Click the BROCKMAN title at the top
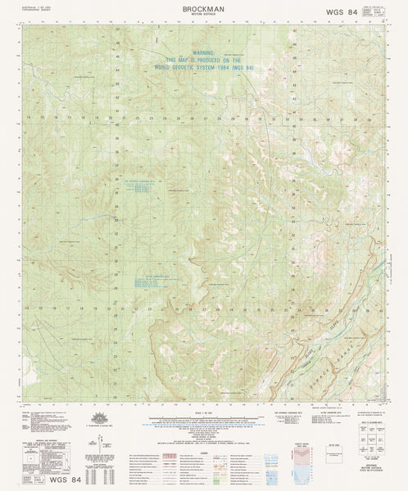pyautogui.click(x=203, y=7)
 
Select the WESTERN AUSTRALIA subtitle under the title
pyautogui.click(x=203, y=14)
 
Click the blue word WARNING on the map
pyautogui.click(x=202, y=54)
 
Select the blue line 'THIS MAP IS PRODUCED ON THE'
pyautogui.click(x=202, y=61)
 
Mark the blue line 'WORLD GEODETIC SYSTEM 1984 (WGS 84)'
pyautogui.click(x=202, y=68)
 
